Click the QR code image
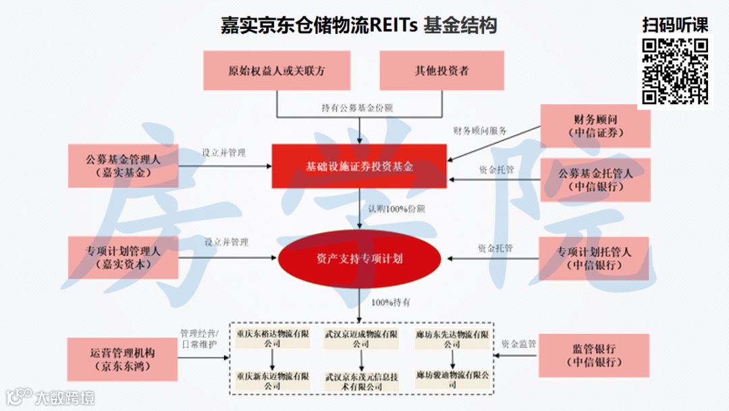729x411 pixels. (x=674, y=72)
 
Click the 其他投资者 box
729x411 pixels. (x=442, y=70)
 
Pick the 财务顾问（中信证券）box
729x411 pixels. (x=595, y=126)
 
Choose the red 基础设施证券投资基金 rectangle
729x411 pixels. (x=360, y=166)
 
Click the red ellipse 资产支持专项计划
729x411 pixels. (x=360, y=258)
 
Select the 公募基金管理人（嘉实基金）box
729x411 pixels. (x=123, y=166)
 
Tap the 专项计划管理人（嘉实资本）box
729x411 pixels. (x=123, y=258)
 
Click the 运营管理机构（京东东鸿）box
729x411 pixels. (x=122, y=360)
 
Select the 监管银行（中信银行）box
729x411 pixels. (x=593, y=356)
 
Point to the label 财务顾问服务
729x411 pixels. (x=480, y=130)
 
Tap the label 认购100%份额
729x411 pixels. (x=396, y=210)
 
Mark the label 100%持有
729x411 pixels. (x=390, y=302)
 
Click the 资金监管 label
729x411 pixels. (x=518, y=344)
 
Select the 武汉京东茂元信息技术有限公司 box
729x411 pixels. (x=361, y=381)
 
